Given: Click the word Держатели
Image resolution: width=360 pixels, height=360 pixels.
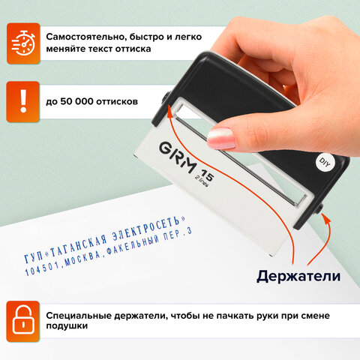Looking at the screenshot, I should click(x=298, y=276).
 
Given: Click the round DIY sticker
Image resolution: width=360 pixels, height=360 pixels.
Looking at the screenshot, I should click(x=325, y=161).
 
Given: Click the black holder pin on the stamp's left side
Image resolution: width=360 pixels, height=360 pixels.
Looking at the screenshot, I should click(x=163, y=96).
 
